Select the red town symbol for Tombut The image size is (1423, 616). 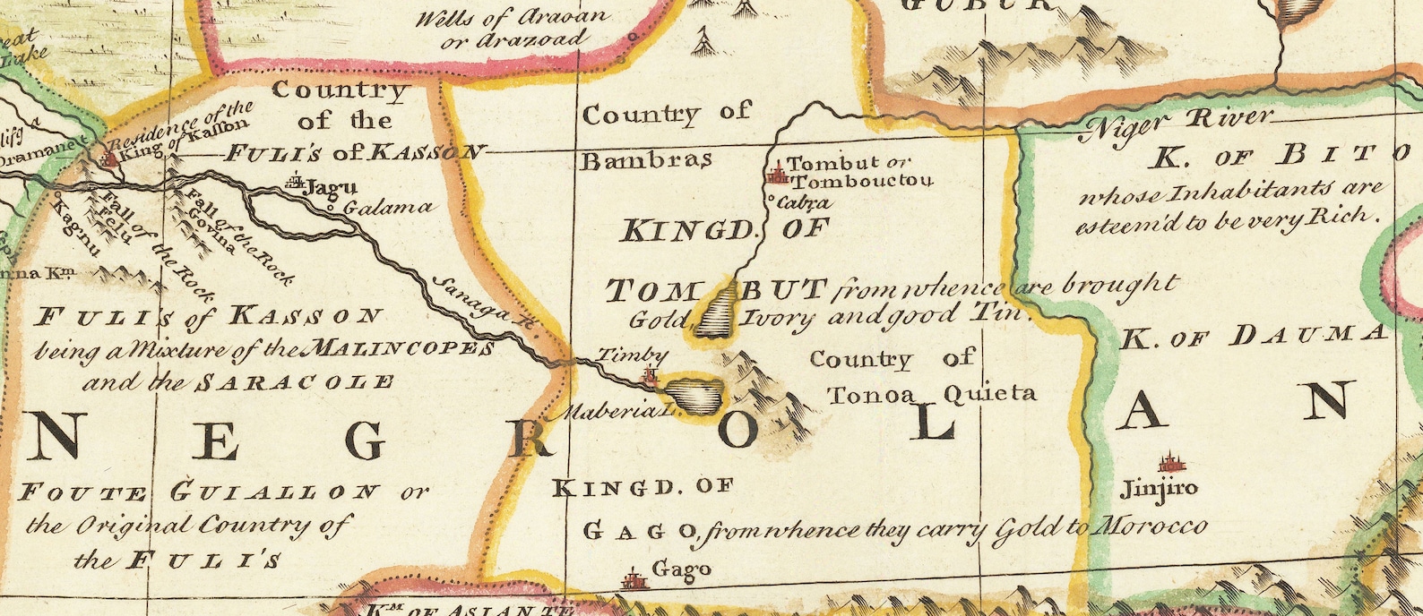coord(776,173)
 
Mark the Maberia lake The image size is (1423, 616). coord(696,395)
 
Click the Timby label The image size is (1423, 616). coord(620,355)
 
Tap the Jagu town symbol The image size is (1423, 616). coord(295,184)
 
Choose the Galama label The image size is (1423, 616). coord(388,208)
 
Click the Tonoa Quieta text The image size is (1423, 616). coord(932,393)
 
